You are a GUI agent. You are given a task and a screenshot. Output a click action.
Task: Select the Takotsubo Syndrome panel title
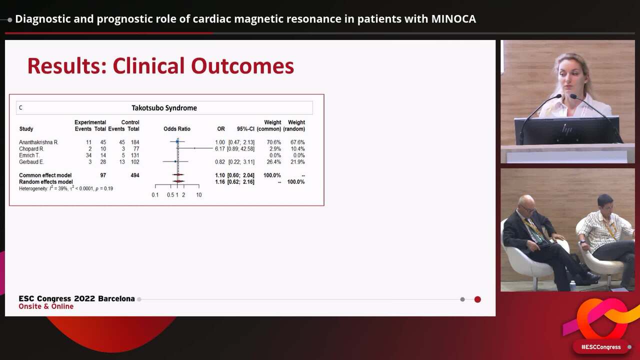tap(164, 108)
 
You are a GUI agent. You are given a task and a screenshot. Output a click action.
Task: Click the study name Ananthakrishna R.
tap(38, 142)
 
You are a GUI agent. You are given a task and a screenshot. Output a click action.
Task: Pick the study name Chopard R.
tap(31, 149)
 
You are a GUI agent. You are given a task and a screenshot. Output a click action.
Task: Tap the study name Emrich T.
tap(29, 155)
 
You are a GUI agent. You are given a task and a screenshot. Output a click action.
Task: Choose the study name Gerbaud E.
tap(31, 162)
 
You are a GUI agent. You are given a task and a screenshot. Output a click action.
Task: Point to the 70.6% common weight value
tap(272, 142)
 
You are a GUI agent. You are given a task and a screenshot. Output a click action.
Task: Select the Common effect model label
tap(45, 175)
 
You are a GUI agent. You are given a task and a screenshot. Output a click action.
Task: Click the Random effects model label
tap(45, 182)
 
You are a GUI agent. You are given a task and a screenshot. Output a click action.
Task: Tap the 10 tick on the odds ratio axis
tap(199, 195)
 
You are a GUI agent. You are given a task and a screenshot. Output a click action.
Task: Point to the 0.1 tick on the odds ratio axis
tap(155, 195)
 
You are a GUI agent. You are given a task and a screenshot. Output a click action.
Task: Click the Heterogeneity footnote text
tap(65, 189)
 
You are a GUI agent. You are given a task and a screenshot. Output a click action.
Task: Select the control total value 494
tap(134, 175)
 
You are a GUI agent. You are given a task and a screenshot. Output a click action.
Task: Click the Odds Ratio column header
tap(177, 129)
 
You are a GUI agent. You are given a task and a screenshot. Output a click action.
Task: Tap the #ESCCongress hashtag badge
tap(600, 347)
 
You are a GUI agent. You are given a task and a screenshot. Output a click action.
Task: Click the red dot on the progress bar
tap(477, 299)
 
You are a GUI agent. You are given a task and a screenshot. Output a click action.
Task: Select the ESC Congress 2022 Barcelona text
tap(76, 298)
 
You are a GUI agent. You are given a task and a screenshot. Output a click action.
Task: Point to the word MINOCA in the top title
tap(453, 19)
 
